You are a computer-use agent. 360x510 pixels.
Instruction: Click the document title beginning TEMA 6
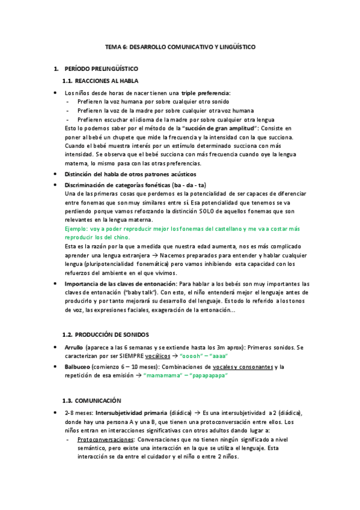click(x=180, y=46)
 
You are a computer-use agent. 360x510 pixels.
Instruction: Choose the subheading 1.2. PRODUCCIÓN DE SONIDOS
click(x=106, y=334)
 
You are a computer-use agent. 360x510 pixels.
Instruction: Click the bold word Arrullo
click(x=74, y=348)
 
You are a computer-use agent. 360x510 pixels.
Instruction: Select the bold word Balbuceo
click(x=77, y=366)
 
